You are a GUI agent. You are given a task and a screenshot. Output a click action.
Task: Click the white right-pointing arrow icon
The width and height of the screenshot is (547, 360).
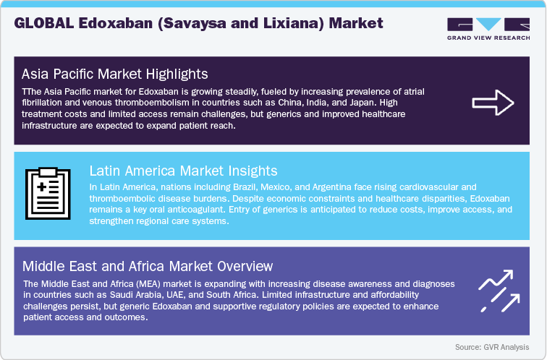click(493, 103)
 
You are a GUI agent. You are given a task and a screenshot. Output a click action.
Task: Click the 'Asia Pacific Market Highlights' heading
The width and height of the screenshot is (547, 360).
click(115, 74)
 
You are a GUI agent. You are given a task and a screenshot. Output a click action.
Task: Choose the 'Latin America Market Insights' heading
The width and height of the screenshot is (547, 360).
click(183, 171)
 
